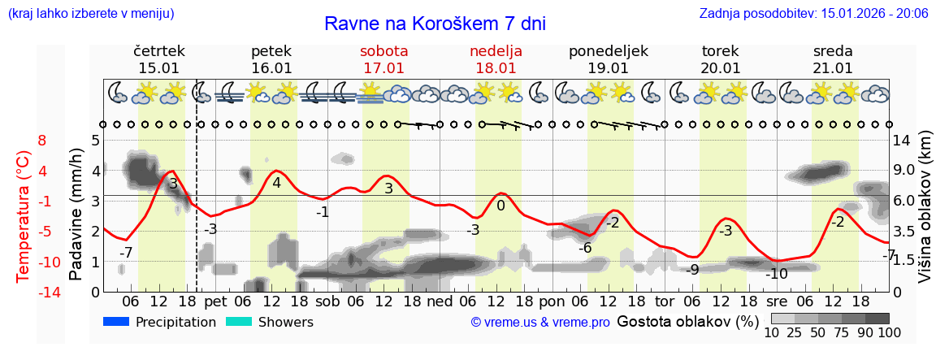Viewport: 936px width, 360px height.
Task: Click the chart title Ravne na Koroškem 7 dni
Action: point(435,23)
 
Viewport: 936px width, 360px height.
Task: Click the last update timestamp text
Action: point(813,13)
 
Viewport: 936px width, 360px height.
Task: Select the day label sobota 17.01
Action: point(383,59)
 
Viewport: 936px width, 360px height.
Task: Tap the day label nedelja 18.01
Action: point(496,59)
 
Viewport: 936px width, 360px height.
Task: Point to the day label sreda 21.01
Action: point(833,59)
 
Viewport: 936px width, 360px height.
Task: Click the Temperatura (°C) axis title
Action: point(24,215)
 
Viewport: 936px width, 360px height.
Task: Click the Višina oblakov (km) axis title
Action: point(925,215)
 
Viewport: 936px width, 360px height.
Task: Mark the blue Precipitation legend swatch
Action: point(117,322)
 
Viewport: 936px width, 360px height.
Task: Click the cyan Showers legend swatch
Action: point(239,322)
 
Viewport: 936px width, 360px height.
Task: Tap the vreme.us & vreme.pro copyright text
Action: point(540,323)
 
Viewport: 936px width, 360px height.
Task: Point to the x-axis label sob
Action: point(327,301)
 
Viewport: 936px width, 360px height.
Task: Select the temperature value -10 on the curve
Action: point(777,274)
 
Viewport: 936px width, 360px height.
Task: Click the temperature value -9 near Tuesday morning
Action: point(692,269)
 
